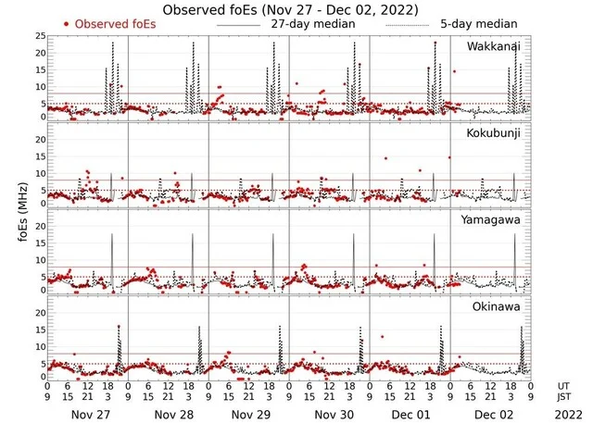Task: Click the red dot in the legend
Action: tap(67, 24)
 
